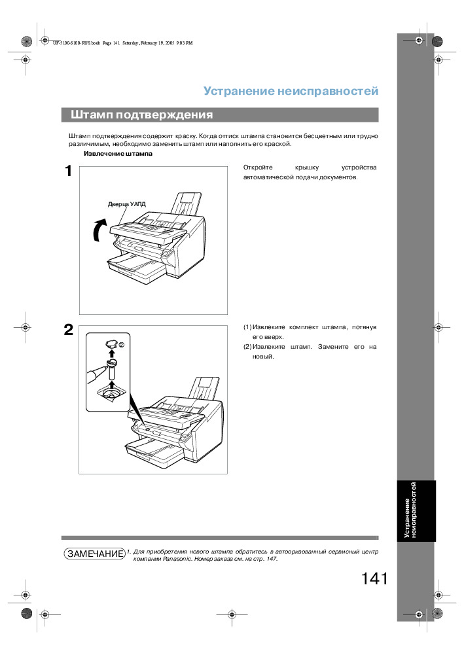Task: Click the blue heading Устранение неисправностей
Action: coord(291,91)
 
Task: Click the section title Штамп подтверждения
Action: coord(141,115)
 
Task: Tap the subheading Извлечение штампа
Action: coord(118,154)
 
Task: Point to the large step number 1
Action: coord(69,171)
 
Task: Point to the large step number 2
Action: coord(69,330)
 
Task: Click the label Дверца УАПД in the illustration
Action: coord(126,204)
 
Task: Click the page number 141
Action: coord(374,578)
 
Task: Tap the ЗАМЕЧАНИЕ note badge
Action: coord(95,554)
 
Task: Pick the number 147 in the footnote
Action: coord(271,559)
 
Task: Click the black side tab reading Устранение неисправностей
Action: coord(416,510)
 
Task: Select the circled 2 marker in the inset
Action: coord(122,345)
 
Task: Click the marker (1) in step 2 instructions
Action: coord(247,327)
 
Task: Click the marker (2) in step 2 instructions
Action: coord(247,347)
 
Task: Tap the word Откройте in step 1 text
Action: coord(258,168)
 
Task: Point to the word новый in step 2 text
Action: coord(263,357)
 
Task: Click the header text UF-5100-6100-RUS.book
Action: coord(76,43)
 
